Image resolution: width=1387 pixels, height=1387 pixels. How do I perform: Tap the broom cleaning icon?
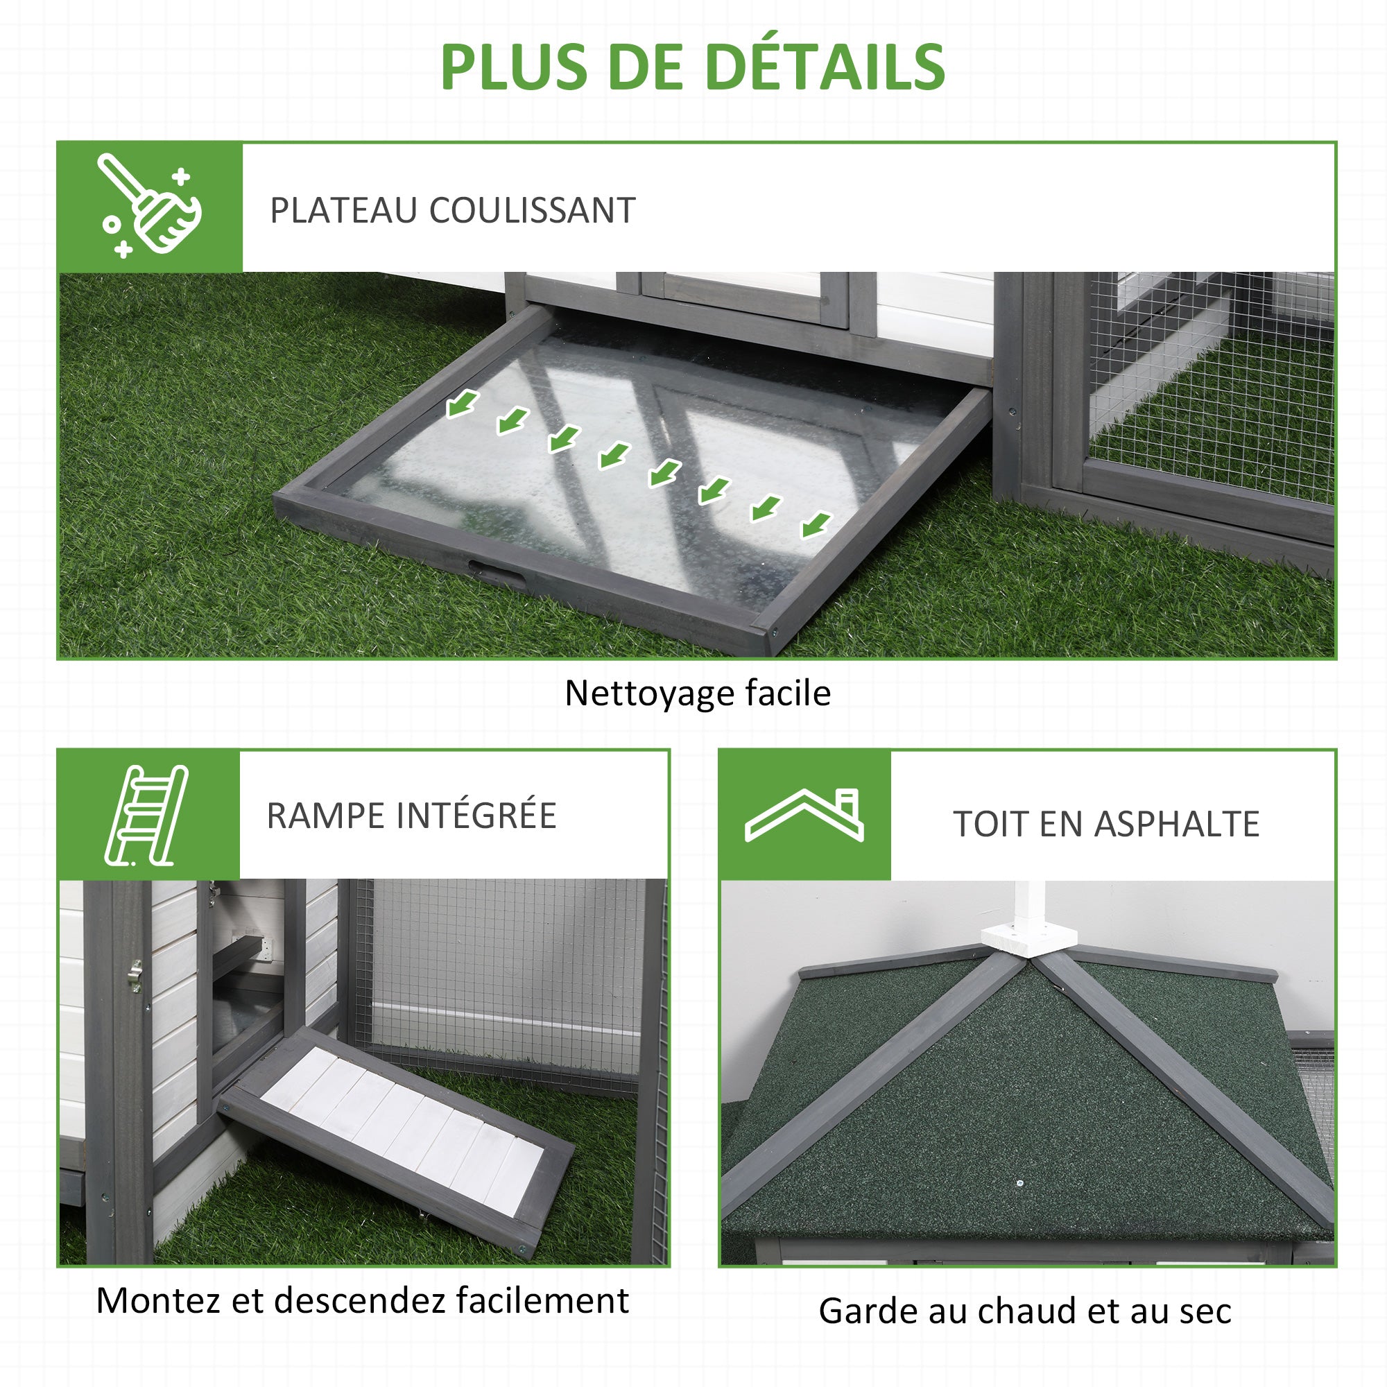click(x=149, y=206)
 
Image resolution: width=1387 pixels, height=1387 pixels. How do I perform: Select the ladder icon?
click(x=146, y=815)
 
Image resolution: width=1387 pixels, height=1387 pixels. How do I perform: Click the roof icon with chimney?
click(x=804, y=815)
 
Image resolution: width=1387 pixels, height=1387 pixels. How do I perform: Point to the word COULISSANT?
click(x=532, y=210)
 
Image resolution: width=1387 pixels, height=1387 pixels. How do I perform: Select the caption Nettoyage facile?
click(x=698, y=693)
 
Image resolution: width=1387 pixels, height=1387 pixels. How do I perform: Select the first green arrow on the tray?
click(x=463, y=404)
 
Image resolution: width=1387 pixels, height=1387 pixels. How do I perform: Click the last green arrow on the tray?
click(x=816, y=525)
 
